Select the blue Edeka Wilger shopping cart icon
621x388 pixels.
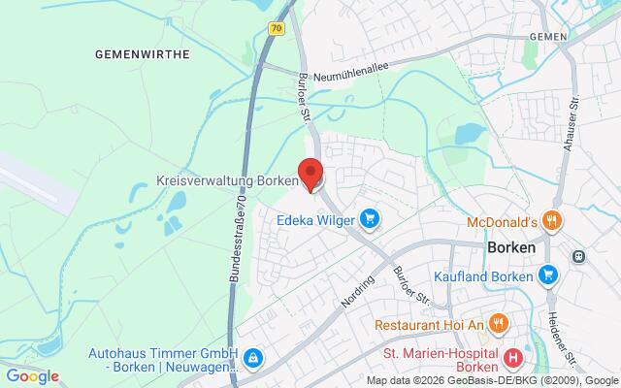coord(369,218)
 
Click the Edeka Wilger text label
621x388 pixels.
coord(315,219)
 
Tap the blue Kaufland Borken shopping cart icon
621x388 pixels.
coord(550,275)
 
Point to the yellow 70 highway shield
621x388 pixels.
coord(278,29)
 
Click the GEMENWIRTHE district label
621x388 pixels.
coord(142,55)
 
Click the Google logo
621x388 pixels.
coord(32,376)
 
